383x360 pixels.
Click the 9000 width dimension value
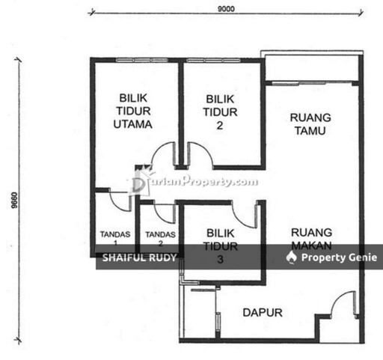pyautogui.click(x=226, y=9)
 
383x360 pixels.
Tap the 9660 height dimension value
pyautogui.click(x=15, y=200)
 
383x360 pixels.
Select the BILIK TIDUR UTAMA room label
pyautogui.click(x=133, y=111)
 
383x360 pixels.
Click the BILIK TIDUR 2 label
pyautogui.click(x=220, y=112)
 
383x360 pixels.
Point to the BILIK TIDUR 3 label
pyautogui.click(x=221, y=246)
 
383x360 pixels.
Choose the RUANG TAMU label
pyautogui.click(x=310, y=124)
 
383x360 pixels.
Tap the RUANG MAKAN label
pyautogui.click(x=311, y=239)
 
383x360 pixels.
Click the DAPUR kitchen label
pyautogui.click(x=263, y=313)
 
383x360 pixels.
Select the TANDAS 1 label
pyautogui.click(x=115, y=238)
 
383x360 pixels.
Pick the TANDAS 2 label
pyautogui.click(x=160, y=239)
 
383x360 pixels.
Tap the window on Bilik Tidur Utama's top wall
pyautogui.click(x=141, y=60)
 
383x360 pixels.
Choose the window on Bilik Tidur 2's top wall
pyautogui.click(x=213, y=60)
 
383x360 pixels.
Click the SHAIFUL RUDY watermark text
pyautogui.click(x=139, y=257)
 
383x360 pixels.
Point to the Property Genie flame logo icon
pyautogui.click(x=291, y=257)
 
